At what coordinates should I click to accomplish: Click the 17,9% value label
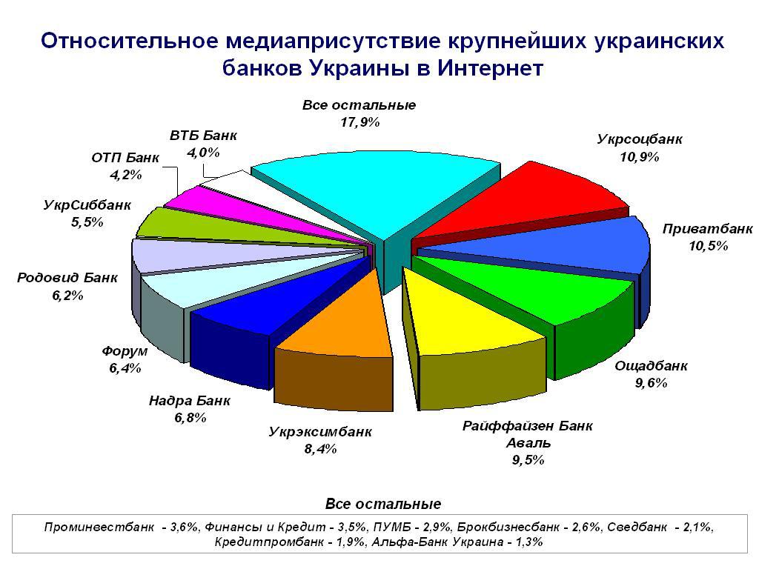click(359, 122)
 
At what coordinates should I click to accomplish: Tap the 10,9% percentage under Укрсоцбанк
click(640, 157)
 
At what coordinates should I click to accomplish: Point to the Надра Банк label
click(189, 401)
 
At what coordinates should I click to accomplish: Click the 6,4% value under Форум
click(125, 368)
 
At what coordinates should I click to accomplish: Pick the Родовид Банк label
click(67, 278)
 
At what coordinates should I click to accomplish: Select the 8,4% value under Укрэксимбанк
click(320, 449)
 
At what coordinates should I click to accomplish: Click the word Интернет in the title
click(491, 68)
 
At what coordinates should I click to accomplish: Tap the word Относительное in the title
click(130, 41)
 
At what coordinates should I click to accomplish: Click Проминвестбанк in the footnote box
click(99, 527)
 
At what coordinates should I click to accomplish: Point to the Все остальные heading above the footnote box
click(383, 504)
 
